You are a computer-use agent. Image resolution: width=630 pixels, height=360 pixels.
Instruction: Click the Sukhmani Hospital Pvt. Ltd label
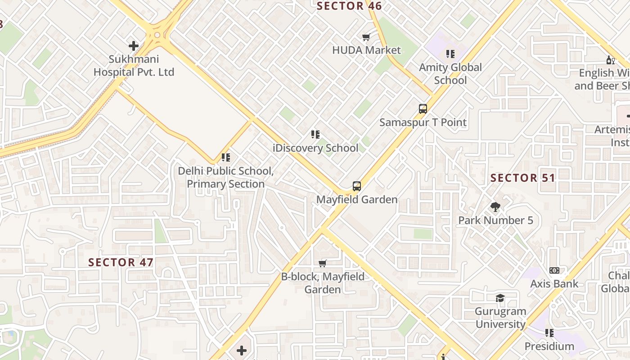[134, 66]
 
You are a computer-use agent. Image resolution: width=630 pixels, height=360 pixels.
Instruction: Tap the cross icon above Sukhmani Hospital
[134, 45]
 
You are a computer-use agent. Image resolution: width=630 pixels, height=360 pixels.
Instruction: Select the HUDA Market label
[366, 50]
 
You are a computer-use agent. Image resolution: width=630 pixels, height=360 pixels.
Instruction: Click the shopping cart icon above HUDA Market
[366, 37]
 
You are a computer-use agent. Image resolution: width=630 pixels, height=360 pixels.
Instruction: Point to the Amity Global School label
[450, 74]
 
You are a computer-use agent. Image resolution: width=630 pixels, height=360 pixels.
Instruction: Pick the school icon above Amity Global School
[450, 54]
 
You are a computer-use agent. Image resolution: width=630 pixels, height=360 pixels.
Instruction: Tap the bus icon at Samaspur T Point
[423, 108]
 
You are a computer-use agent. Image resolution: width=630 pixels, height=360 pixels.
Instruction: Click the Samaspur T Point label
[423, 122]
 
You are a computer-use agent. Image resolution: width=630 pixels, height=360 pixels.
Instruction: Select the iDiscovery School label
[316, 148]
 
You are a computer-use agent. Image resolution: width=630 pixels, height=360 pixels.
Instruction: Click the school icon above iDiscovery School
[315, 134]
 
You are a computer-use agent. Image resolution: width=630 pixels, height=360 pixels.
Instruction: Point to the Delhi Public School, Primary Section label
[225, 177]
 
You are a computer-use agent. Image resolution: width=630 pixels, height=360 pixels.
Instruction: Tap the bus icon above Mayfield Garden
[357, 186]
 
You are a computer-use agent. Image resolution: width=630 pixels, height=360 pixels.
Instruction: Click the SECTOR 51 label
[523, 178]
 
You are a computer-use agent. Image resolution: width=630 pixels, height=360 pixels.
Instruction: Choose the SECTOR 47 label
[121, 262]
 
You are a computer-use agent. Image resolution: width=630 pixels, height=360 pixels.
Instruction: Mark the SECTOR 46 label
[349, 6]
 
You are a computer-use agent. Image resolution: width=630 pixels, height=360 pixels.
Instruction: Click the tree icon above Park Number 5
[495, 207]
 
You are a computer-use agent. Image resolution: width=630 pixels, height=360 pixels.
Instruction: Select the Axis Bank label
[554, 284]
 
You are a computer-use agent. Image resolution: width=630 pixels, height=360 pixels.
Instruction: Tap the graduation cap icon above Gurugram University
[500, 298]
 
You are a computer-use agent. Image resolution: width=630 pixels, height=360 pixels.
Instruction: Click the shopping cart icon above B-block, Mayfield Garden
[323, 263]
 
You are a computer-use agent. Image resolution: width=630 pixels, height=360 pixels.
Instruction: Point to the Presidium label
[549, 346]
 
